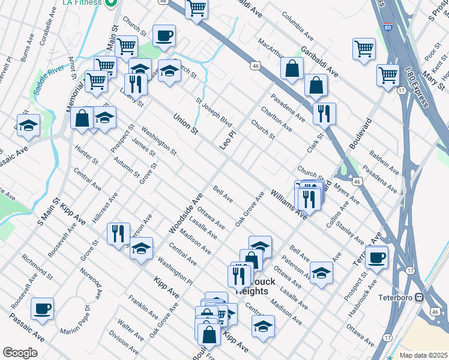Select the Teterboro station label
tap(394, 297)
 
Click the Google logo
tap(20, 353)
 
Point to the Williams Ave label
tap(289, 204)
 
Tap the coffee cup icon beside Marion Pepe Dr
tap(42, 308)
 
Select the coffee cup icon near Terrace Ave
tap(376, 257)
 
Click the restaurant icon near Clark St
tap(324, 113)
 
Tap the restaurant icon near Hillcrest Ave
tap(118, 233)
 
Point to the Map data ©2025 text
tap(423, 355)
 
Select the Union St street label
tap(185, 123)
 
